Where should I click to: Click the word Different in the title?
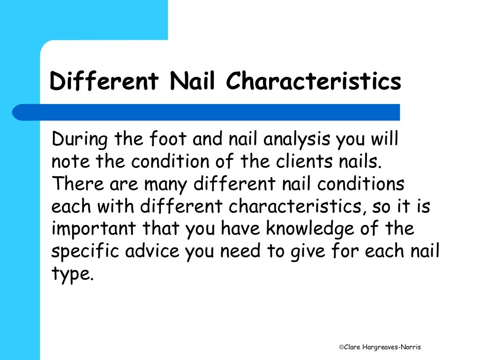pyautogui.click(x=104, y=81)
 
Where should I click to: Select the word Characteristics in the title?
pyautogui.click(x=314, y=81)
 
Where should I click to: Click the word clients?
pyautogui.click(x=304, y=162)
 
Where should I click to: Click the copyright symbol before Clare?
pyautogui.click(x=341, y=347)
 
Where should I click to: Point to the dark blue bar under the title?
pyautogui.click(x=206, y=112)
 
